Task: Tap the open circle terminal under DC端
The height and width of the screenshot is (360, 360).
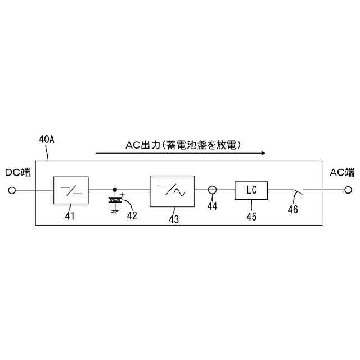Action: (12, 191)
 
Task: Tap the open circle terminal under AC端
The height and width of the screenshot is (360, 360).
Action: (348, 191)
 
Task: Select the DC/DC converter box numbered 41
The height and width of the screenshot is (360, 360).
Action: (71, 191)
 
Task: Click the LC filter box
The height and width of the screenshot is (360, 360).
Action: (251, 191)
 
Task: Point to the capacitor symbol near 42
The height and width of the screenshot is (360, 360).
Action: (115, 200)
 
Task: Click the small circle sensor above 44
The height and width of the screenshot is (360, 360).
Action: (213, 190)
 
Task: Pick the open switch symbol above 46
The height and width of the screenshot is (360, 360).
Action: (296, 192)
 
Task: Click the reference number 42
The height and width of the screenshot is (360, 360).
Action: (132, 214)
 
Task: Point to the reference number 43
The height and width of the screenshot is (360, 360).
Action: (173, 219)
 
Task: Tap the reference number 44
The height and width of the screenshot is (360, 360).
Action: (212, 206)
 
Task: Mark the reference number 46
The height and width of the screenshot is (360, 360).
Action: (292, 209)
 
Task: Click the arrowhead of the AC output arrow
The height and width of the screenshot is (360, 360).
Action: (262, 152)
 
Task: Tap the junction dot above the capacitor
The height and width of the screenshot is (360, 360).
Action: (115, 190)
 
